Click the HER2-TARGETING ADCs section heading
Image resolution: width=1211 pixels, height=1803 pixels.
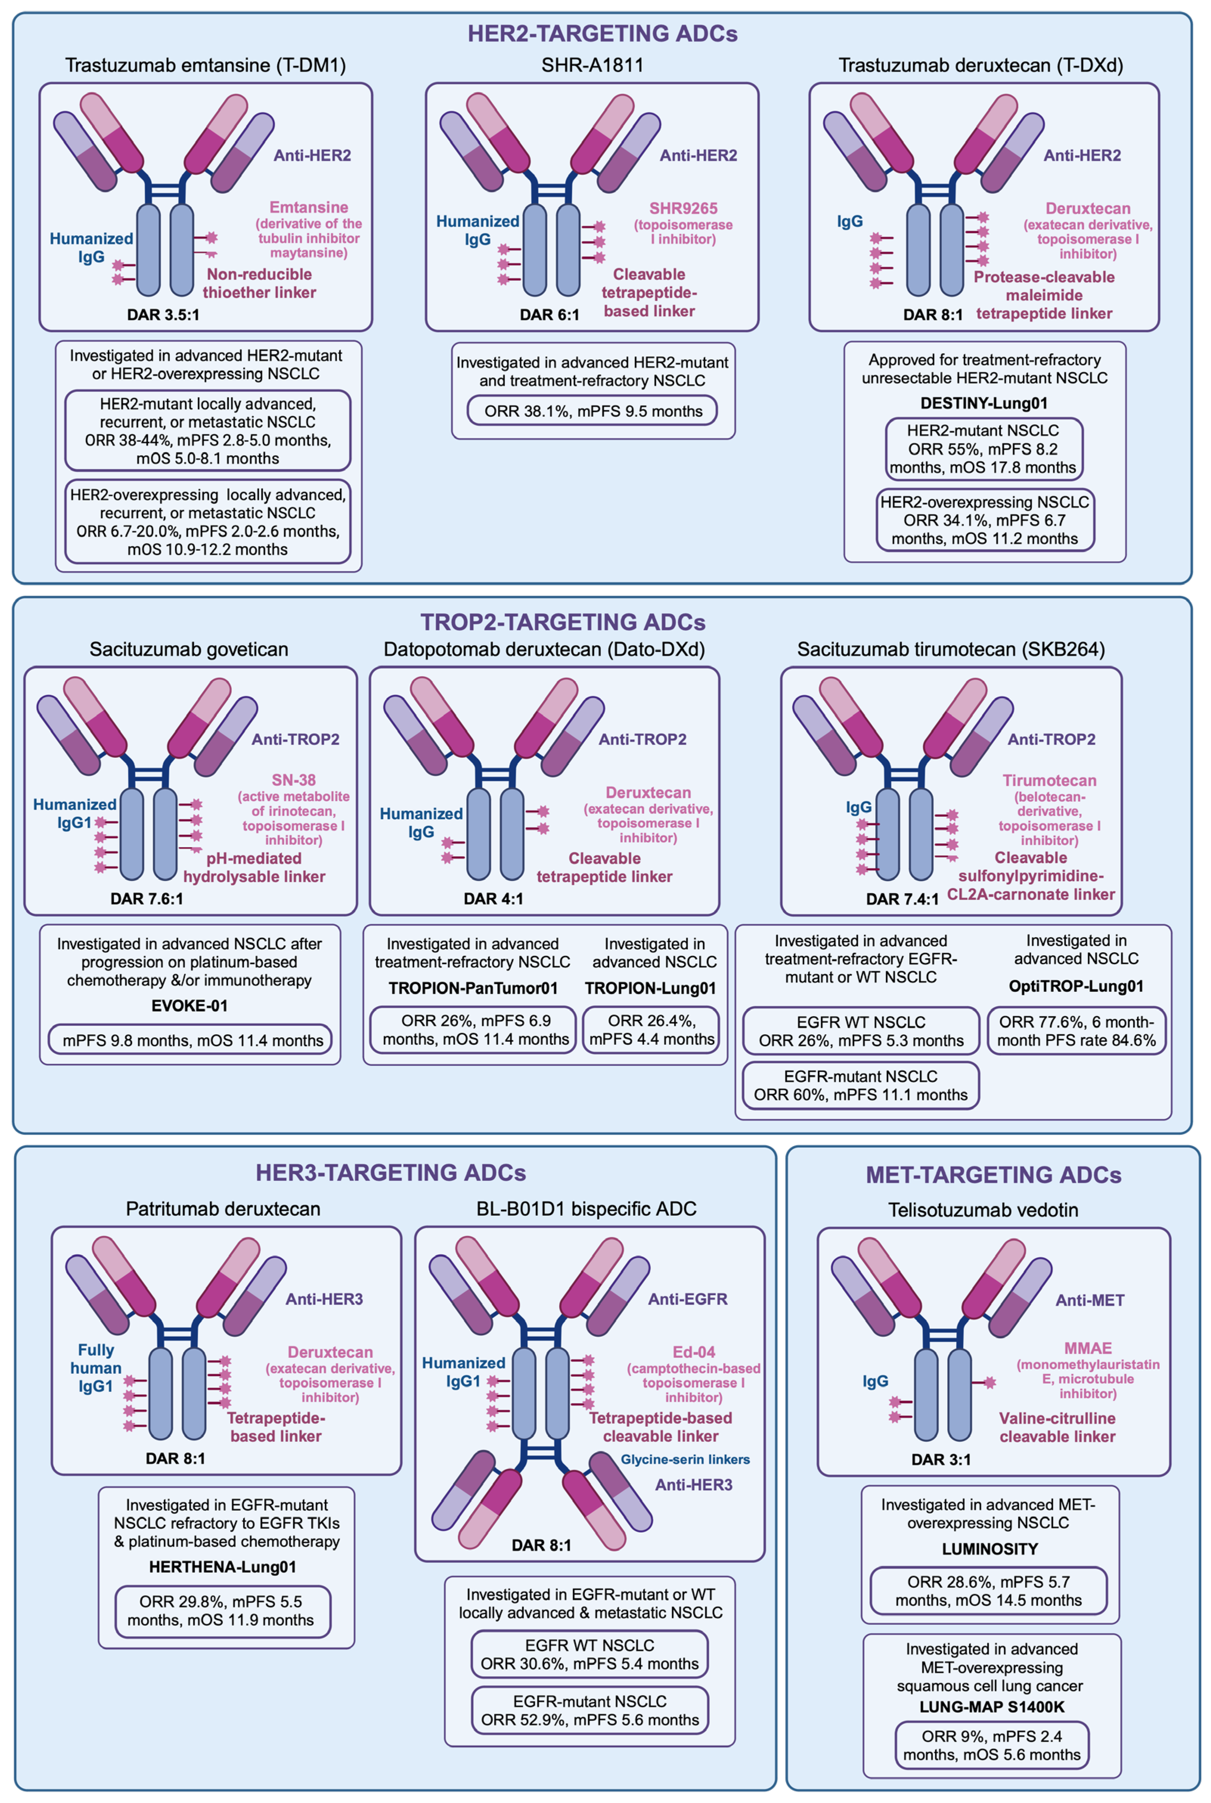pyautogui.click(x=602, y=33)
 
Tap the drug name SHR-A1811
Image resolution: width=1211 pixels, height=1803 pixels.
pyautogui.click(x=592, y=65)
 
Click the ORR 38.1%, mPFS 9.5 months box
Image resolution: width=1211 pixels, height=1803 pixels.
pyautogui.click(x=593, y=411)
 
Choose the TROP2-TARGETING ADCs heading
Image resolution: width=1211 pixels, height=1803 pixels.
pyautogui.click(x=563, y=622)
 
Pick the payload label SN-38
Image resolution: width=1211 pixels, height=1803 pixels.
pyautogui.click(x=293, y=780)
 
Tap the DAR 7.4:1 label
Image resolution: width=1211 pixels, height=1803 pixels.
pyautogui.click(x=902, y=899)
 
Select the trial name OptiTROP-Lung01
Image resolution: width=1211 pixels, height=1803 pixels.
pyautogui.click(x=1076, y=987)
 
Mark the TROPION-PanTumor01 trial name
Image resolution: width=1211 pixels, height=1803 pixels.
pyautogui.click(x=473, y=988)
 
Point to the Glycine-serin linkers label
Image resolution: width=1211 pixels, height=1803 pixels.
pyautogui.click(x=685, y=1459)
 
